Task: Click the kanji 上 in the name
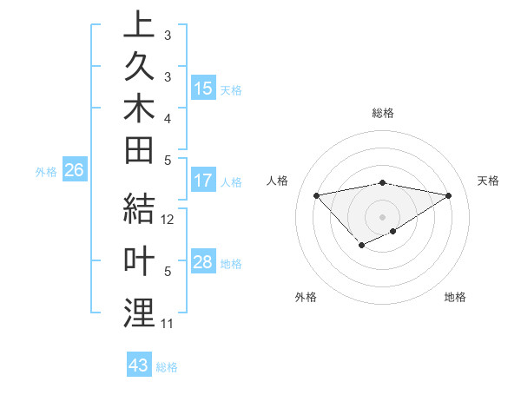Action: (x=139, y=26)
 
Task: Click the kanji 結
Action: (x=139, y=211)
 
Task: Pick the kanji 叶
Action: (x=139, y=262)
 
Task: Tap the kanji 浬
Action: (x=139, y=313)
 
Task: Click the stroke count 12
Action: (x=168, y=220)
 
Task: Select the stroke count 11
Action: (x=168, y=324)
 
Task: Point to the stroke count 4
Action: (x=168, y=117)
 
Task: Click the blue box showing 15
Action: (x=203, y=89)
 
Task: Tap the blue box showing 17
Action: (x=203, y=181)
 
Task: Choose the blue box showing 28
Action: (x=203, y=263)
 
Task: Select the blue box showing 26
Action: (x=74, y=171)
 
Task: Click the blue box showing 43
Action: (x=139, y=365)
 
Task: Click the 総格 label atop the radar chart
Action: (x=383, y=113)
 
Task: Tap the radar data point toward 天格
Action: (x=449, y=194)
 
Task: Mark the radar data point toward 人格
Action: (x=316, y=194)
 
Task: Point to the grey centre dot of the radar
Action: (x=382, y=216)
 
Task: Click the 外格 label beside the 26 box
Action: (x=46, y=172)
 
